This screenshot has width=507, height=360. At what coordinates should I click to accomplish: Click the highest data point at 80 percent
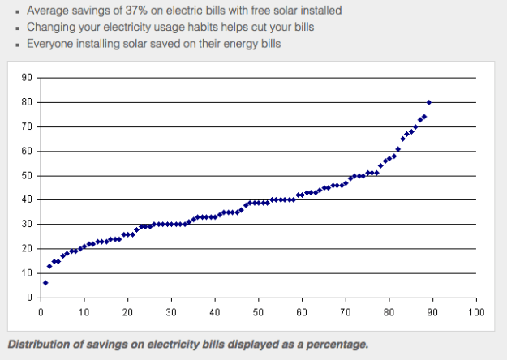tap(428, 102)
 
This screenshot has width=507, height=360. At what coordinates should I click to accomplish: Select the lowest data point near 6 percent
tap(45, 282)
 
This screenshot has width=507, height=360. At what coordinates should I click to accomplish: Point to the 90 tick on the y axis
tap(28, 78)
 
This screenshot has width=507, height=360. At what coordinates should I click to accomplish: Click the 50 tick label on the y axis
tap(28, 175)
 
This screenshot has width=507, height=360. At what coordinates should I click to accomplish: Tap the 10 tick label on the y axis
tap(28, 272)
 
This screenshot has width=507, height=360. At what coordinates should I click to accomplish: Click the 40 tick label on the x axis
tap(214, 310)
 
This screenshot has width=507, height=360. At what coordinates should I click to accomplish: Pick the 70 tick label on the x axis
tap(345, 310)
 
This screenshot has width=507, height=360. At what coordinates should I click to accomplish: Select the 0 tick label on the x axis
tap(41, 310)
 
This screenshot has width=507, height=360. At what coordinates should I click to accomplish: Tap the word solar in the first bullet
tap(273, 11)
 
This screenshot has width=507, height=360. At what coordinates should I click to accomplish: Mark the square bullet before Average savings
tap(17, 11)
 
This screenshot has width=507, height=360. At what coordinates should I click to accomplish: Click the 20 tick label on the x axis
tap(127, 310)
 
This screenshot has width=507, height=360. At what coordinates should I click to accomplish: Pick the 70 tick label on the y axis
tap(28, 126)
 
